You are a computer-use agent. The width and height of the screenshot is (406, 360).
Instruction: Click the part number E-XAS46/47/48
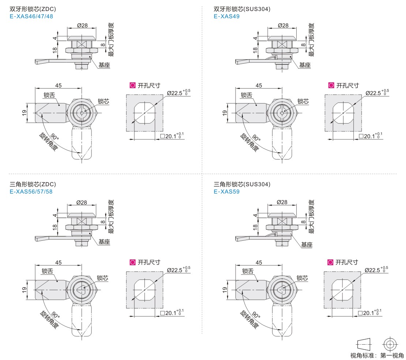[x=32, y=16]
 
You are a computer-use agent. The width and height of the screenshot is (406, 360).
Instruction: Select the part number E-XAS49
[x=227, y=16]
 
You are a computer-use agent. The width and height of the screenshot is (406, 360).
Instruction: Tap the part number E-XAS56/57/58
[x=32, y=191]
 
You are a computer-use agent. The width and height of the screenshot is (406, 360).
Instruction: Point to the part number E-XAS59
[x=227, y=191]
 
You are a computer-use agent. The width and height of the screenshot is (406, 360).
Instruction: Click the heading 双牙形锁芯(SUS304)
[x=242, y=9]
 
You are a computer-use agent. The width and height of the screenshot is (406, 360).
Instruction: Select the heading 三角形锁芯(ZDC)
[x=33, y=184]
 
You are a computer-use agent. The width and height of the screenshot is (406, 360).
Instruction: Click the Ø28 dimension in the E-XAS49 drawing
[x=283, y=25]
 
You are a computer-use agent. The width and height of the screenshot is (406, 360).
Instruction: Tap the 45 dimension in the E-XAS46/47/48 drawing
[x=59, y=85]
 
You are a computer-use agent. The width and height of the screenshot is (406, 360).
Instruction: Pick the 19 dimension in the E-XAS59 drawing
[x=225, y=289]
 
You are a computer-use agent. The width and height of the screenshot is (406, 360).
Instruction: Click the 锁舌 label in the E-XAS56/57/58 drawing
[x=48, y=271]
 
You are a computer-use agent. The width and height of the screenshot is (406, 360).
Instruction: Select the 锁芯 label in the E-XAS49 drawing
[x=303, y=101]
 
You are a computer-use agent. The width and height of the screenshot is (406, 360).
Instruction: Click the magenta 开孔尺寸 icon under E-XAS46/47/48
[x=132, y=85]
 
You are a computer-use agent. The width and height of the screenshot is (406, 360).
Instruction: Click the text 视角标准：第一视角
[x=377, y=355]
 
